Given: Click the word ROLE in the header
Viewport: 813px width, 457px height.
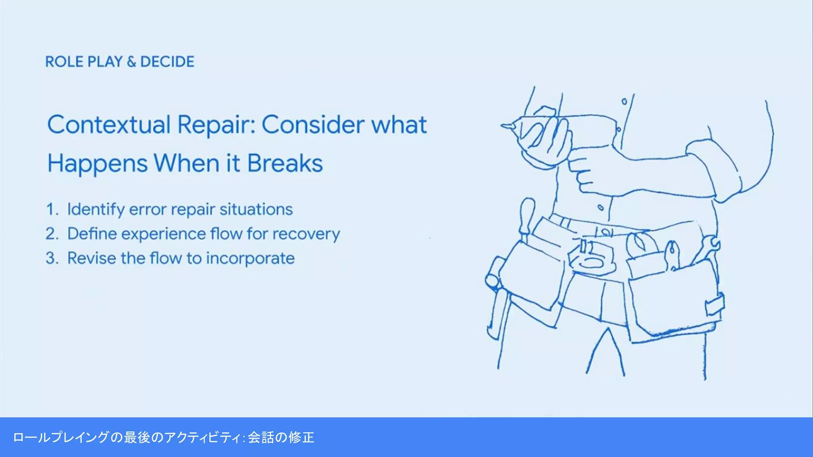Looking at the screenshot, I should (64, 62).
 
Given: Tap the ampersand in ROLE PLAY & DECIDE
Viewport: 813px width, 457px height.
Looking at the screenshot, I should (131, 62).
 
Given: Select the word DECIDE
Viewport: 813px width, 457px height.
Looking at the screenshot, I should (167, 62).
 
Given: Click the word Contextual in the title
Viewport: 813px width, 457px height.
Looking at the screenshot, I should (109, 125).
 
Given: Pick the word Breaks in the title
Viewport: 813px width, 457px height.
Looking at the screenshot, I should (285, 163).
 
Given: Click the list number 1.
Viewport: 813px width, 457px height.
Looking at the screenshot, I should (50, 209).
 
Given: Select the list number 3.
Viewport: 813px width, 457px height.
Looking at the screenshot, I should (50, 258).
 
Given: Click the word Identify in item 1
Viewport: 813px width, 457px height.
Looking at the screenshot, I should (96, 209).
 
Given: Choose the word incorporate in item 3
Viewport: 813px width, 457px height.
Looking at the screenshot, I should (250, 259).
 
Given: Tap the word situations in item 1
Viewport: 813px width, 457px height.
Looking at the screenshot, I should (256, 209).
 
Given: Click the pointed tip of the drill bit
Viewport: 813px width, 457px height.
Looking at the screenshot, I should (503, 127).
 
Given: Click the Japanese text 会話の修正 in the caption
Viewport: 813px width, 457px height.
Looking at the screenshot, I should (281, 438).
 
